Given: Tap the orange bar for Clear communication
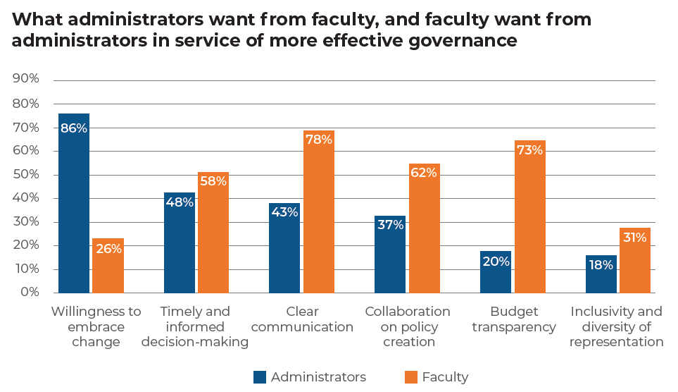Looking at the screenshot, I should point(318,212).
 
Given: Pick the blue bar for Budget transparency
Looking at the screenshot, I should point(496,272).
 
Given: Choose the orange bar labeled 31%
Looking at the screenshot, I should point(634,260).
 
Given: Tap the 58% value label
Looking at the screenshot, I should point(213,182).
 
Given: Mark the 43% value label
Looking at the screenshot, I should point(284,212).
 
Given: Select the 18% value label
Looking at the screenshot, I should point(601,266).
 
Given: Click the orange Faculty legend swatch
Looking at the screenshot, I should point(410,377).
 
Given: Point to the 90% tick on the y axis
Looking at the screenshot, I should point(26,79).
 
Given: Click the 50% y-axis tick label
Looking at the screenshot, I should point(26,174).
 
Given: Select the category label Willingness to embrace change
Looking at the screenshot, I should point(96,326).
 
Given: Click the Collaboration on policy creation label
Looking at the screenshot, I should point(408,326).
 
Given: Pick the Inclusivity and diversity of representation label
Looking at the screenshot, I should point(616,326).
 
